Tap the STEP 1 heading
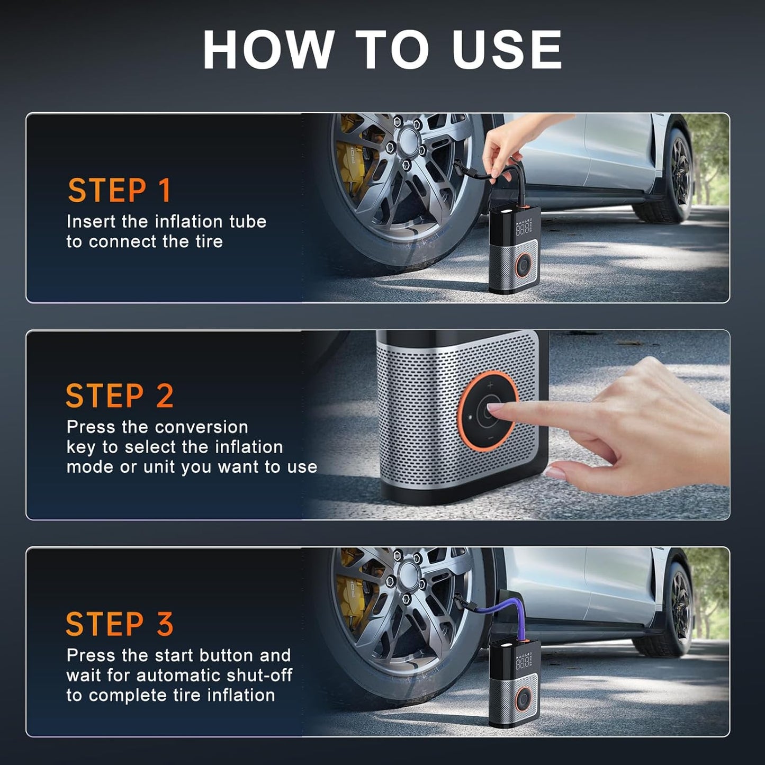coord(120,191)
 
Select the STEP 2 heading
coord(120,396)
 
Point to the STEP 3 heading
coord(120,624)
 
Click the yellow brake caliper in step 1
coord(349,159)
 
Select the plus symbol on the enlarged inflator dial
coord(490,385)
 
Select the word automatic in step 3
coord(178,676)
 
